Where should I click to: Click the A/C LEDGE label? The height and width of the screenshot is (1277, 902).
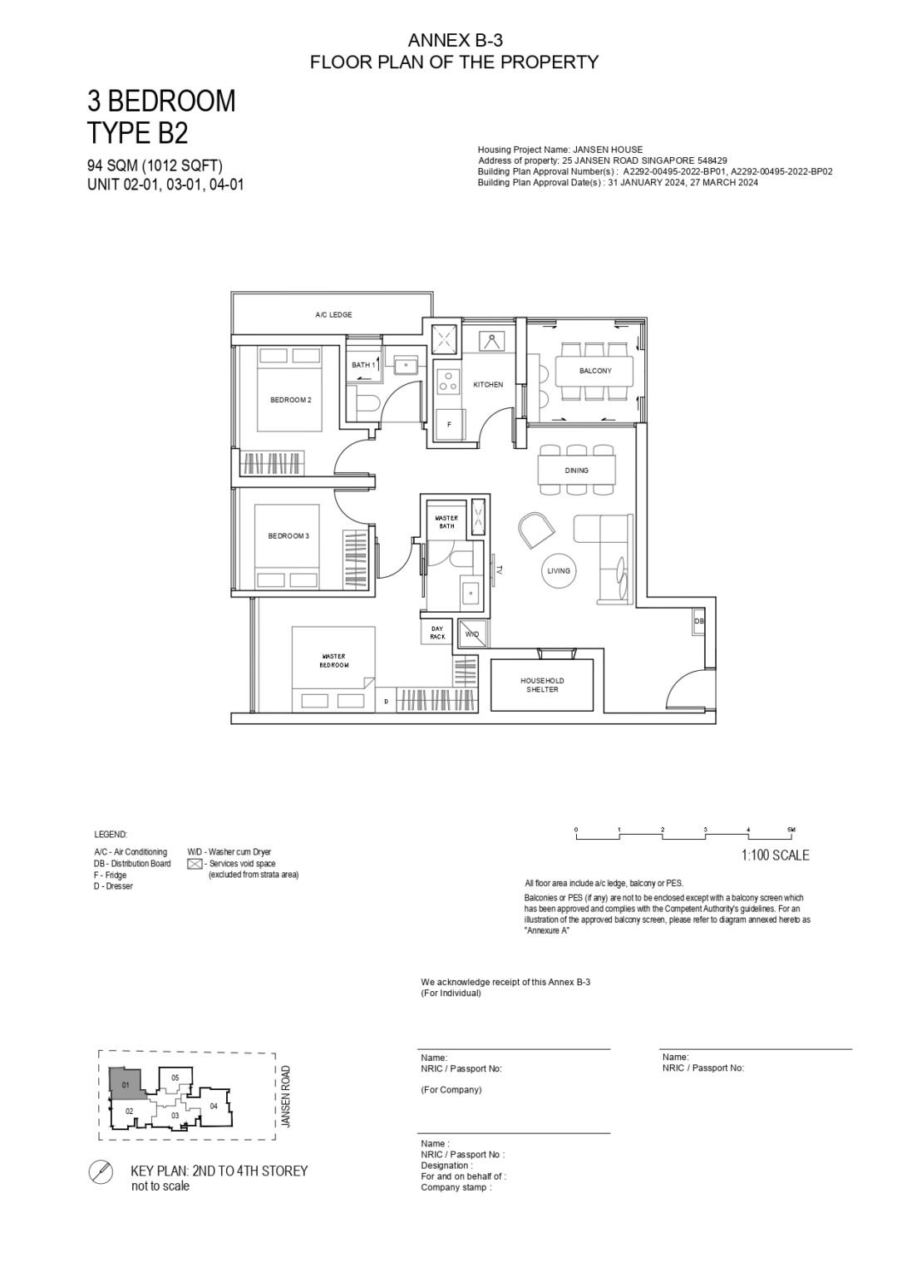[333, 315]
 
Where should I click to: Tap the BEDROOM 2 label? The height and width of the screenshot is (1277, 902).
[290, 400]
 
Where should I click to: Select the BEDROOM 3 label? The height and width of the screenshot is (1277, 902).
[288, 536]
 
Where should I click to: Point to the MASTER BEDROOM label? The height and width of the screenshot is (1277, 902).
[335, 661]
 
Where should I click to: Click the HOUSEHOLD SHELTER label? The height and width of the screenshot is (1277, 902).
[542, 685]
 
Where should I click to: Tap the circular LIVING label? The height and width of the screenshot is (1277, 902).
[559, 571]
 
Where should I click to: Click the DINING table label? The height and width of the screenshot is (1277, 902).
[576, 471]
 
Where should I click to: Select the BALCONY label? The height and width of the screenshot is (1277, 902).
[595, 371]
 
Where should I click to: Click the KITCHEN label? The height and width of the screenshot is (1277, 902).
[488, 385]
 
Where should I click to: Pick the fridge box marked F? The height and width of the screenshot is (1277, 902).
[450, 424]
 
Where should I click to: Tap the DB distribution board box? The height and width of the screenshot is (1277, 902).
[699, 622]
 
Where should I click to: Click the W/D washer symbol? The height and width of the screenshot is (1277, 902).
[472, 634]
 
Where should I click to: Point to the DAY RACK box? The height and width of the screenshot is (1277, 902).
[437, 634]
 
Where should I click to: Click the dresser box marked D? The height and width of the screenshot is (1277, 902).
[385, 702]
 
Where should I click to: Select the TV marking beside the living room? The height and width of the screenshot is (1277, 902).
[499, 571]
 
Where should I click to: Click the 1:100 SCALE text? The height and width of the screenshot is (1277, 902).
[775, 855]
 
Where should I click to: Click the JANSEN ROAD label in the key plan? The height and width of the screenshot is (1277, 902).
[285, 1097]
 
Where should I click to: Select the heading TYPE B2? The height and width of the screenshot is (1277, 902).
[137, 133]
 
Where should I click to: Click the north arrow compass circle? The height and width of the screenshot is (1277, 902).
[101, 1173]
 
